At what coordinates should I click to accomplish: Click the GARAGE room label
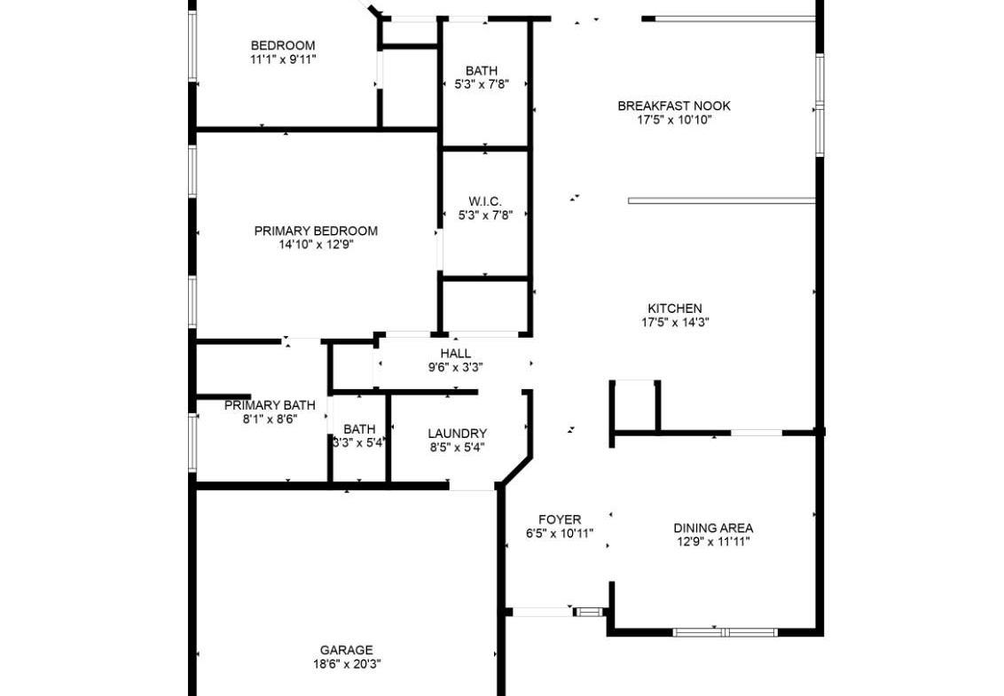(x=347, y=650)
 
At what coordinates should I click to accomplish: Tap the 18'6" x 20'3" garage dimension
(x=347, y=665)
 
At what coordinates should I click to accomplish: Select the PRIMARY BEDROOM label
(x=316, y=231)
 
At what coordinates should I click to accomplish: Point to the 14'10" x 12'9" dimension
(x=317, y=245)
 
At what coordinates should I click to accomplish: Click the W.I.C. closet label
(x=485, y=201)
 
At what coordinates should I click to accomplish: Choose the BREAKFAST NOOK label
(x=673, y=106)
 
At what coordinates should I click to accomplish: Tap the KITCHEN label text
(x=675, y=308)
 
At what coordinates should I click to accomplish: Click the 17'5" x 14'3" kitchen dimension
(x=675, y=323)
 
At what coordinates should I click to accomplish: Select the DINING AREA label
(x=713, y=528)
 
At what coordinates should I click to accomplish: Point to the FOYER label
(x=560, y=520)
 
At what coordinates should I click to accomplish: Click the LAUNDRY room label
(x=457, y=434)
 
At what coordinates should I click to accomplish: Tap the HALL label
(x=455, y=354)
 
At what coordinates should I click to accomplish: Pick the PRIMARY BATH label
(x=270, y=405)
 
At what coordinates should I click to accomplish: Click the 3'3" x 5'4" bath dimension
(x=358, y=442)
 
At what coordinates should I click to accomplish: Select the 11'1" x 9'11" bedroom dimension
(x=283, y=59)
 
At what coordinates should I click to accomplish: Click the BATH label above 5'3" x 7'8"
(x=482, y=70)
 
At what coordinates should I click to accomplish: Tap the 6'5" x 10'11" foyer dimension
(x=560, y=534)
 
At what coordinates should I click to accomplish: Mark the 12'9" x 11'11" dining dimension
(x=713, y=543)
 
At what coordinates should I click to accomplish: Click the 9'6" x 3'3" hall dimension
(x=455, y=368)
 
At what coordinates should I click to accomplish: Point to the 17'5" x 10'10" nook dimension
(x=674, y=121)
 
